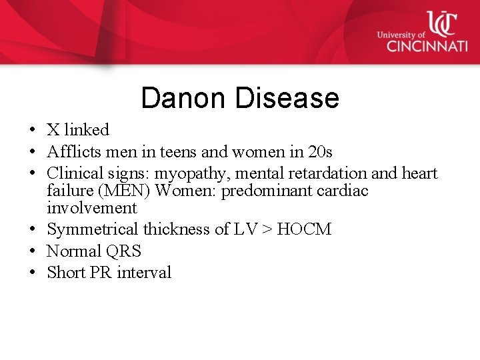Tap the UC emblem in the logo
pos(441,23)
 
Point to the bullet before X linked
pos(31,130)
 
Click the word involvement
pos(91,207)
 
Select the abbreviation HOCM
pos(304,229)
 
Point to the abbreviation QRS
pos(123,251)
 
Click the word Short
pos(67,272)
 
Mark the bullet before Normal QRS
pos(31,251)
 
